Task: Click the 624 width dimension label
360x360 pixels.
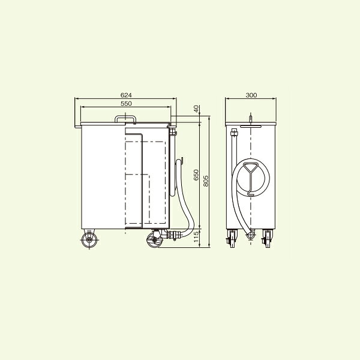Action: click(126, 95)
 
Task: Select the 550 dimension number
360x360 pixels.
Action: click(126, 104)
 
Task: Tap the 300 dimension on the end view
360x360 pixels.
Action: click(251, 95)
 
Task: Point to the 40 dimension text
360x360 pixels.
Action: click(196, 109)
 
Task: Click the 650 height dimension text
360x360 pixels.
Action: click(196, 175)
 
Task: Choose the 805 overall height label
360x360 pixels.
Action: click(206, 181)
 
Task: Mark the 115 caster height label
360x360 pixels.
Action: click(196, 237)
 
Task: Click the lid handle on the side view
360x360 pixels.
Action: click(125, 116)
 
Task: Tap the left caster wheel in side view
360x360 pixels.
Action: click(89, 240)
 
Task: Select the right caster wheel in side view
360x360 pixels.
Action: click(155, 240)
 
